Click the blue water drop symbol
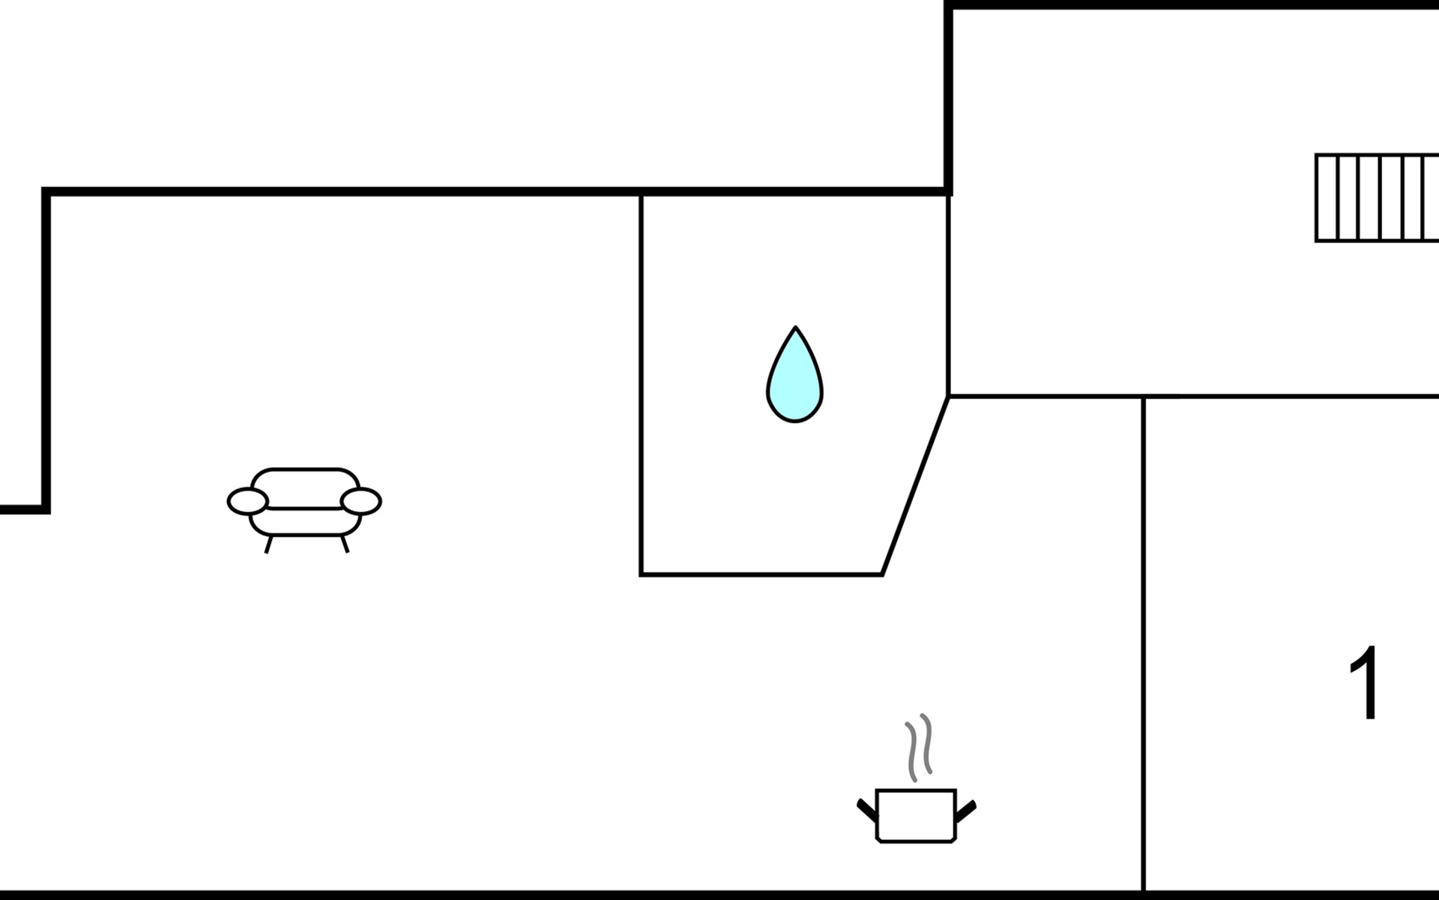[794, 375]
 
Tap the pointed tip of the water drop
[795, 327]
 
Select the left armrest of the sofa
[247, 501]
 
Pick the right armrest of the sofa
[361, 501]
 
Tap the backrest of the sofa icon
[304, 480]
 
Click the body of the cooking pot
[916, 816]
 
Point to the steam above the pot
[919, 748]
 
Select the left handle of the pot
[866, 809]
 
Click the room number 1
[1364, 682]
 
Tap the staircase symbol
[1377, 198]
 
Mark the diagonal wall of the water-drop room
[915, 485]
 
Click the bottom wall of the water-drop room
[761, 575]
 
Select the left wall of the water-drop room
[641, 384]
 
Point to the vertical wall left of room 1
[1144, 643]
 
